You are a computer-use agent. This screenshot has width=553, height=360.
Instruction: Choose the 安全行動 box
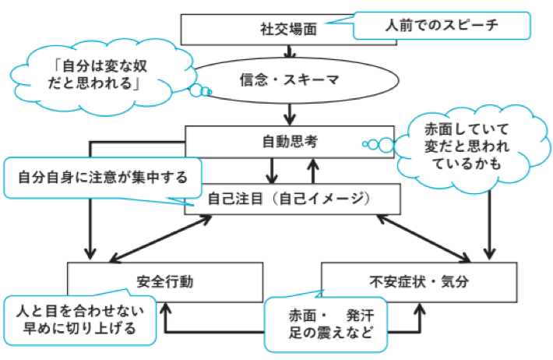[149, 278]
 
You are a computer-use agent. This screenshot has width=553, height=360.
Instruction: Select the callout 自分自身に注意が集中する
[101, 176]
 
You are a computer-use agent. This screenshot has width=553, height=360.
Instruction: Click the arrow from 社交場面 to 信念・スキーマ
[290, 51]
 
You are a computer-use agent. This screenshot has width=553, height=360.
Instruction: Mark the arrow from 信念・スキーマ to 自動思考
[290, 113]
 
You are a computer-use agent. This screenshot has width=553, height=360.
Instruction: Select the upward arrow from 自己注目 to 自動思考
[312, 170]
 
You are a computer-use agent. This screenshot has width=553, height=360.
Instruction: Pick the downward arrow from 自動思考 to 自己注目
[273, 170]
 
